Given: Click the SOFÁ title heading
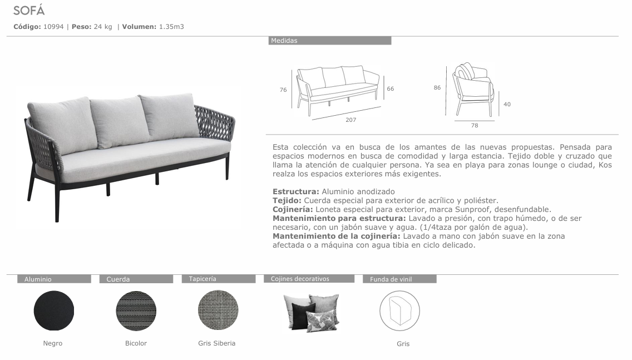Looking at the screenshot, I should click(28, 11).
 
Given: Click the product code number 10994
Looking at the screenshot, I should click(53, 26).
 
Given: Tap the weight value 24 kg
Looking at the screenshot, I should click(103, 26).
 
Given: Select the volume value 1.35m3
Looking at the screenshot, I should click(171, 26).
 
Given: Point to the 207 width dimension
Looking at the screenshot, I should click(350, 120).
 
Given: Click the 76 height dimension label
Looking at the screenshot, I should click(283, 90).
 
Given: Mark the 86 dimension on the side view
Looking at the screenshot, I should click(437, 87).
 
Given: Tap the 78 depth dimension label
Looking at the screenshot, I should click(475, 126).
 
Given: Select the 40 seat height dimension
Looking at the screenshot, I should click(507, 104).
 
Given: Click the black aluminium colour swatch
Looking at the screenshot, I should click(54, 310).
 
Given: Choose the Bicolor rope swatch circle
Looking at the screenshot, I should click(136, 310).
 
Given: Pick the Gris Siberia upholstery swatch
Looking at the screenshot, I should click(218, 310).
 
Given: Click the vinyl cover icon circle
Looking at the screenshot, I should click(399, 310).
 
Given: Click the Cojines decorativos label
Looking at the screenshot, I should click(300, 279).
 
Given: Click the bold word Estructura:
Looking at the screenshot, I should click(296, 191).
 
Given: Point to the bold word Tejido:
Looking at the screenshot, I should click(287, 200).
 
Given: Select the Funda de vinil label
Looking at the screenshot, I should click(391, 279).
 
